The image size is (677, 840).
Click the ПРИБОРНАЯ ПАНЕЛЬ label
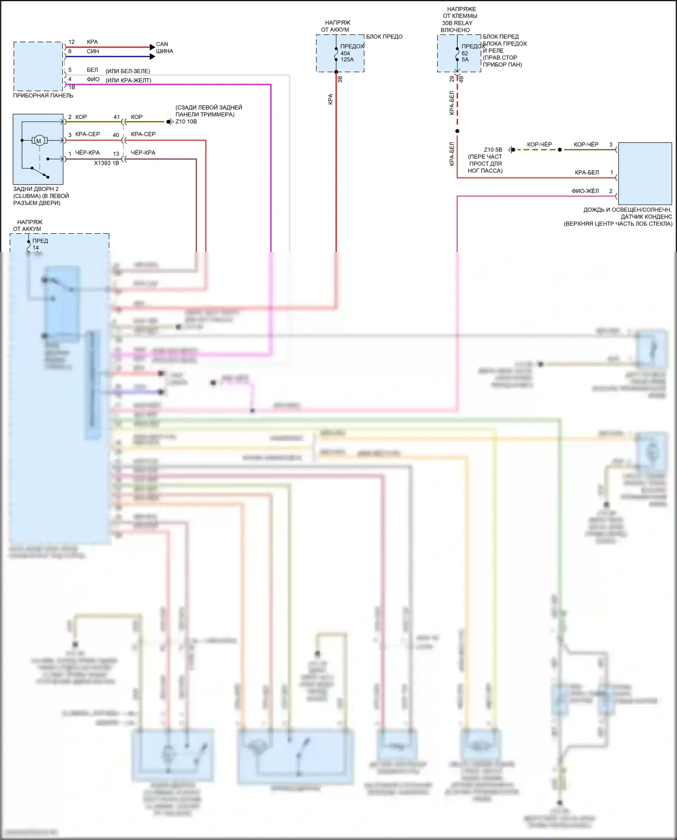(x=43, y=96)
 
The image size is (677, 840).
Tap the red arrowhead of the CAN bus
(x=153, y=47)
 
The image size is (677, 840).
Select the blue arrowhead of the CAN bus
(x=153, y=57)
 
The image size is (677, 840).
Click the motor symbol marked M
(x=39, y=141)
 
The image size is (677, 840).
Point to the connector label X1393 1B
(x=107, y=163)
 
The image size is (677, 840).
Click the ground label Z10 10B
(x=186, y=121)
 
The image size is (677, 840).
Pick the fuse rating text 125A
(x=347, y=60)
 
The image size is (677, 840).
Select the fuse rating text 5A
(x=465, y=60)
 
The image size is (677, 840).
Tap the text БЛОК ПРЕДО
(x=384, y=37)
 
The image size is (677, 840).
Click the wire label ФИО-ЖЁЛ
(x=585, y=191)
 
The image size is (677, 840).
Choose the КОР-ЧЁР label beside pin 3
(x=586, y=144)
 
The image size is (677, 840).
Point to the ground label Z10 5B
(x=493, y=150)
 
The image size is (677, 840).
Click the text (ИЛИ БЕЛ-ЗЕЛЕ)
(x=128, y=71)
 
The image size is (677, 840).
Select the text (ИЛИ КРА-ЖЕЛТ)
(x=128, y=81)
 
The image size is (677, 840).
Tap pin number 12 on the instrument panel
(x=71, y=42)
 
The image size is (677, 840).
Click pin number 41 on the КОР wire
(x=116, y=117)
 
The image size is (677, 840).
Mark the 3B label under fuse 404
(x=340, y=79)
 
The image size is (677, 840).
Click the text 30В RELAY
(x=457, y=23)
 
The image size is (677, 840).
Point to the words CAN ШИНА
(x=164, y=47)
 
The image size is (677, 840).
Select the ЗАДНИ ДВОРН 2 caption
(x=36, y=189)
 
